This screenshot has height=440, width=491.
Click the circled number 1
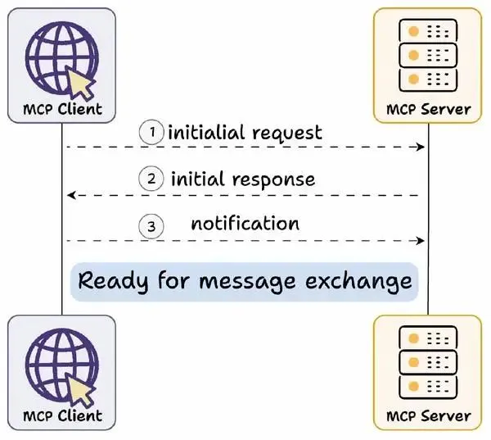151,132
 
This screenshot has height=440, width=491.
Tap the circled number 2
151,179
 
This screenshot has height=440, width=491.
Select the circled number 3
151,226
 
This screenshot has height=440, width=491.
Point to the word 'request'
287,134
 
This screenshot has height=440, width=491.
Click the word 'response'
273,180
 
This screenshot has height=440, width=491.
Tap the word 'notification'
245,224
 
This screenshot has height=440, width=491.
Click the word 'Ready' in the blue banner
113,281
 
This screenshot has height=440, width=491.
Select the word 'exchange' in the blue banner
358,281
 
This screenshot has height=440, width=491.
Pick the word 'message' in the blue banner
247,282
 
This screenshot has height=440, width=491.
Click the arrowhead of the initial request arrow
421,147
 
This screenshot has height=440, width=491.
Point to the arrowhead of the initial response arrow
72,195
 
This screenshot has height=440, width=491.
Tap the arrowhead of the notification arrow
421,241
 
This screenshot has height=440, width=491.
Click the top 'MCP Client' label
63,109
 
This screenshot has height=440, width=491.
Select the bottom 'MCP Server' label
429,416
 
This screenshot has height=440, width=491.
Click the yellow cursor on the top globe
79,83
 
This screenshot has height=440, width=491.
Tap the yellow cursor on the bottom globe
79,389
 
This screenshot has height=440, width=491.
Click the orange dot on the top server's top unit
413,31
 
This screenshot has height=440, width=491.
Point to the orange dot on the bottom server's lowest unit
413,386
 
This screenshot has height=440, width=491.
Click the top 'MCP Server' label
429,110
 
